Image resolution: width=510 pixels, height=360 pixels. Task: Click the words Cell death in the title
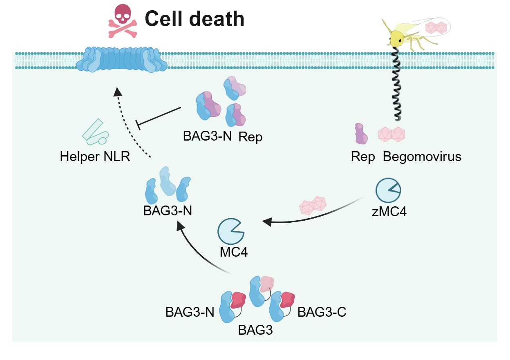[x=195, y=19]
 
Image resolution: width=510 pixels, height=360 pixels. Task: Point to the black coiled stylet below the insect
[x=396, y=84]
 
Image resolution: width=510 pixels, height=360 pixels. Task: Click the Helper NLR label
[x=95, y=156]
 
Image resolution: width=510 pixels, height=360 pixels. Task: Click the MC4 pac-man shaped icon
[x=230, y=231]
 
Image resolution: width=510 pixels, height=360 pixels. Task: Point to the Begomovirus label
[x=422, y=157]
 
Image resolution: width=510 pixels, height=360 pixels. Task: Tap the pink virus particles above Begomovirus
[x=391, y=134]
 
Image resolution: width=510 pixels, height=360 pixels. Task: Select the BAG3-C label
[x=322, y=312]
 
